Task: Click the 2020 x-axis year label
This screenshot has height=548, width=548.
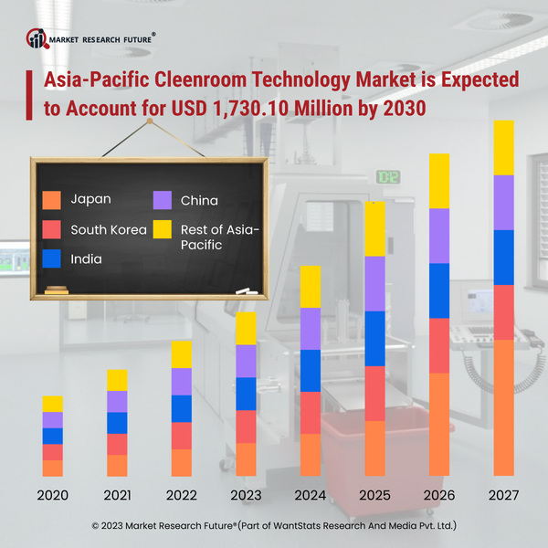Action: coord(52,497)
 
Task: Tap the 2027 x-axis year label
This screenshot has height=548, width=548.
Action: coord(503,497)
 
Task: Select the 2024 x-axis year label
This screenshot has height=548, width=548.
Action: coord(311,497)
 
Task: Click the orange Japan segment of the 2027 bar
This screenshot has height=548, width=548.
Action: coord(503,407)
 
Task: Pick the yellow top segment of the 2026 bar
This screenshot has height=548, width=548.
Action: coord(439,181)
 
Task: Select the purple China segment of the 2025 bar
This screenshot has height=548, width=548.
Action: coord(374,284)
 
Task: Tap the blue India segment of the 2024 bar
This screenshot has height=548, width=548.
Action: coord(311,371)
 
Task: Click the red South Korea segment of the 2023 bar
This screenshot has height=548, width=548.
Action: coord(246,427)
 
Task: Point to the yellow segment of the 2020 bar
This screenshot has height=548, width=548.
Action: coord(53,404)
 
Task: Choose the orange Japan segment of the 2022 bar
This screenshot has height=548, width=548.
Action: coord(181,462)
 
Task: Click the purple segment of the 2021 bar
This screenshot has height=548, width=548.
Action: coord(117,402)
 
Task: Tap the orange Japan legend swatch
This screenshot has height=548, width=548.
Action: coord(52,199)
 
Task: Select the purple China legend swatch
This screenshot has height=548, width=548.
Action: coord(163,199)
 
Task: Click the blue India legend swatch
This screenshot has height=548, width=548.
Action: coord(52,258)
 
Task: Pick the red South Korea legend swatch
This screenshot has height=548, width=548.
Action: coord(52,229)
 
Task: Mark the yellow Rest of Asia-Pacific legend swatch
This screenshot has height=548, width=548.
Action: coord(163,229)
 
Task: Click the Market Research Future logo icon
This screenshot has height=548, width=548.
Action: coord(38,38)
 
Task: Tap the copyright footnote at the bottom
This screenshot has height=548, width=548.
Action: coord(274,527)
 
